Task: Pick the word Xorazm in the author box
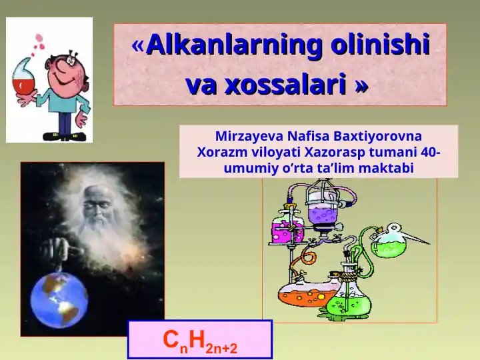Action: pos(217,152)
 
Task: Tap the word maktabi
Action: pos(386,169)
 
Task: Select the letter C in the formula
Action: pos(171,339)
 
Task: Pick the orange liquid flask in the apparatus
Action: pos(297,295)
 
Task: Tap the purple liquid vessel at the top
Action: pos(326,212)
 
